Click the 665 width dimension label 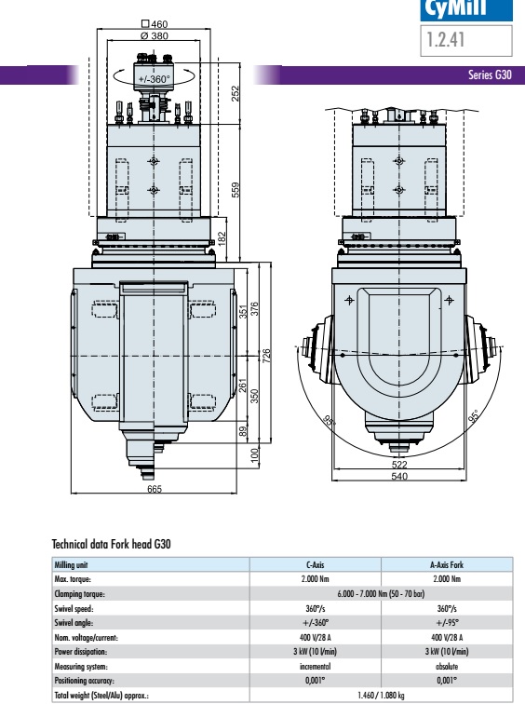click(155, 489)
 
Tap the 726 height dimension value click(266, 356)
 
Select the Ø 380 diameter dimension click(155, 36)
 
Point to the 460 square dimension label click(155, 24)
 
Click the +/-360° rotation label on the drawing click(154, 79)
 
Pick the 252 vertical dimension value click(236, 93)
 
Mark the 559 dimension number click(236, 190)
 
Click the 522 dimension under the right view click(399, 465)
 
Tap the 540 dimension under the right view click(399, 476)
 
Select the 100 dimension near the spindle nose click(254, 454)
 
